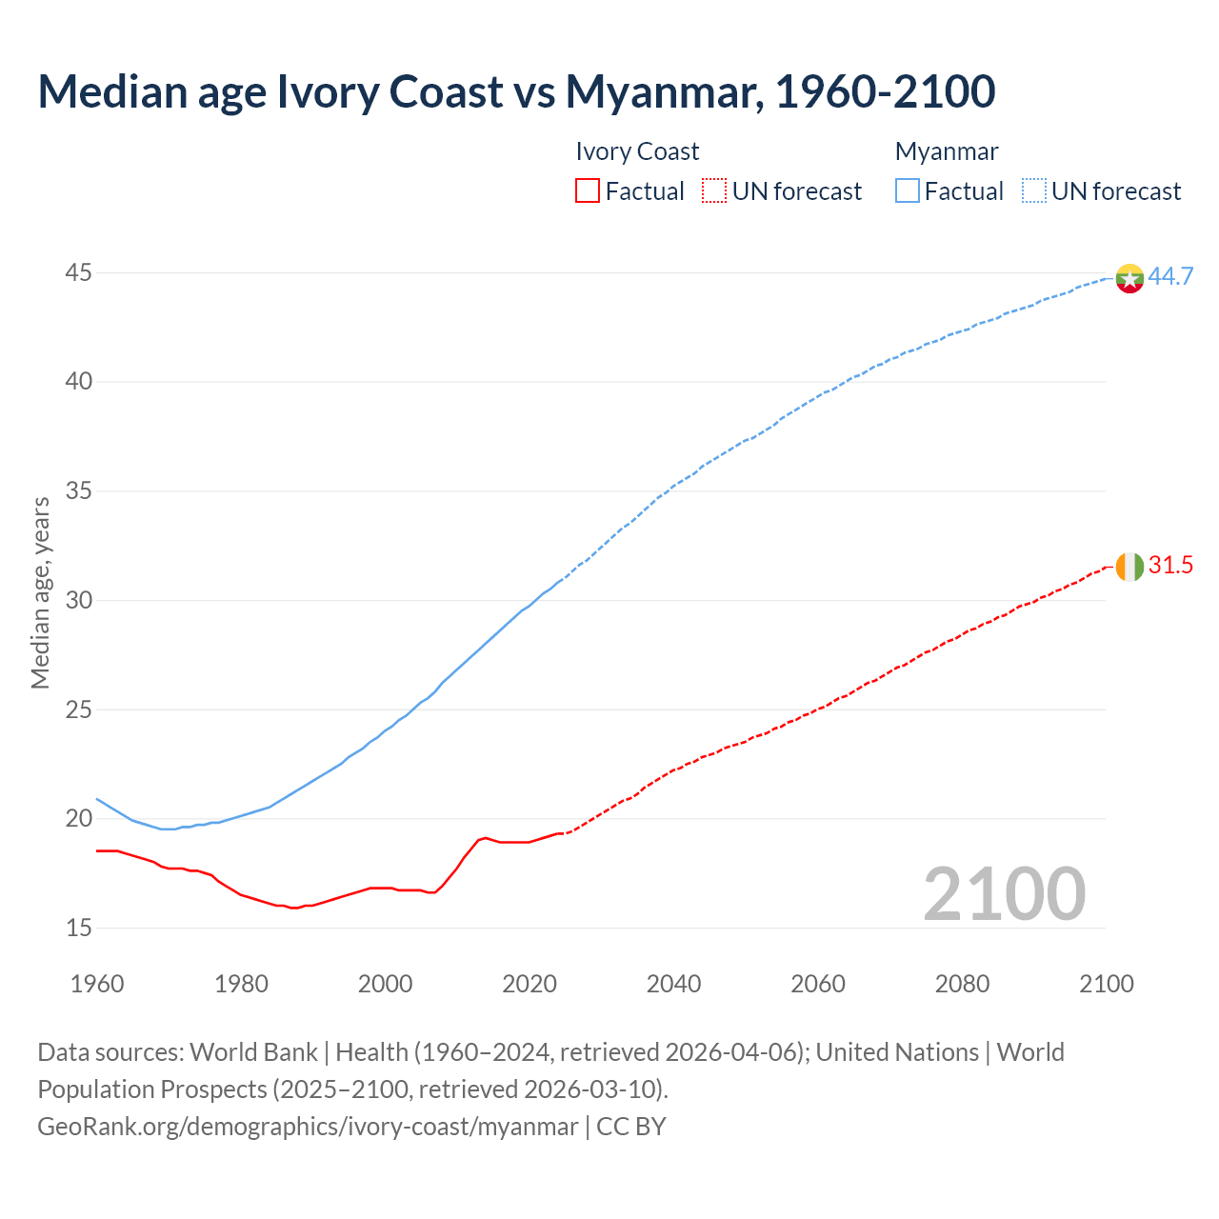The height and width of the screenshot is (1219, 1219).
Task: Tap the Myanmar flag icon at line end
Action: [1129, 278]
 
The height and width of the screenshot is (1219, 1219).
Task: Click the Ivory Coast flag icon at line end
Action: [1129, 567]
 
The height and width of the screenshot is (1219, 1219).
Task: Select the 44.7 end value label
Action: [1170, 277]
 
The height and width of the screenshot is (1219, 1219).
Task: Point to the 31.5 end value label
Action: [1170, 566]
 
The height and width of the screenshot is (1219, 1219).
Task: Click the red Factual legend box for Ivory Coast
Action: [588, 191]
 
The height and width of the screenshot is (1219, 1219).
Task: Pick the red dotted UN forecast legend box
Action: [714, 191]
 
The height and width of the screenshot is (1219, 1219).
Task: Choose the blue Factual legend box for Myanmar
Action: [908, 191]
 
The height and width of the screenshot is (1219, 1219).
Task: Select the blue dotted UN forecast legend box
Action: [1034, 191]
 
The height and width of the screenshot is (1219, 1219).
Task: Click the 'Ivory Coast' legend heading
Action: [637, 151]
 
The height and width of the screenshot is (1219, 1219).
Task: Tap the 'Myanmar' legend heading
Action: [947, 151]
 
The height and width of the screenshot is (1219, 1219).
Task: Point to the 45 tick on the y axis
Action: [79, 273]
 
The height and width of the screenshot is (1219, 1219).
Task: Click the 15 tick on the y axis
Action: [79, 928]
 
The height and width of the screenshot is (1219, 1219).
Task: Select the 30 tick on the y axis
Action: [79, 601]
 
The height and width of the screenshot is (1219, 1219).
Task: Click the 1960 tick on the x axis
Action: [97, 984]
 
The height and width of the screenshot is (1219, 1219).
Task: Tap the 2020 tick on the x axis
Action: [530, 984]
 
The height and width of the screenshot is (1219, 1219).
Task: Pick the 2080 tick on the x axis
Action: [962, 984]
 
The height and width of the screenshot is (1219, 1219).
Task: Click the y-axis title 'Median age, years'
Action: [40, 592]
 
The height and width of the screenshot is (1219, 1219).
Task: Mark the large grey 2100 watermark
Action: [1005, 894]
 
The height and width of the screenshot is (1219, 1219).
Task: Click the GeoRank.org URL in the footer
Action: [308, 1127]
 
